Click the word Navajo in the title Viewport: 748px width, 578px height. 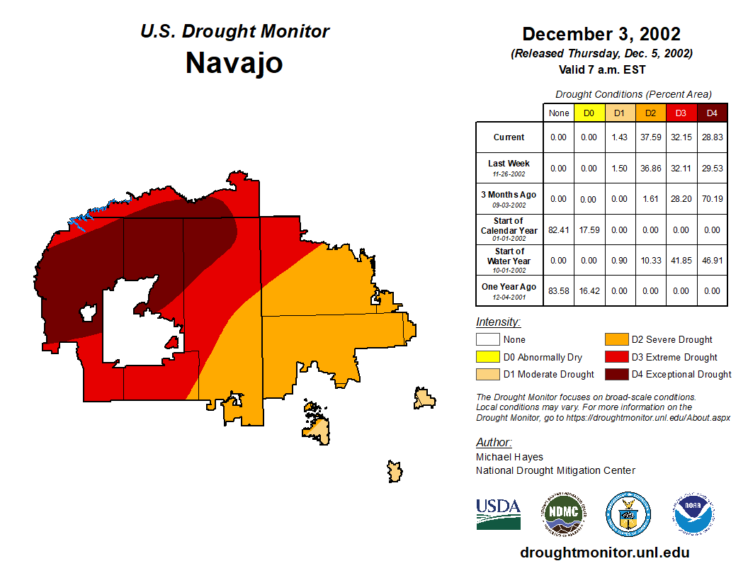(234, 63)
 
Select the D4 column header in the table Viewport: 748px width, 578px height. (712, 113)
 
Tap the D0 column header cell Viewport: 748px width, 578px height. (589, 113)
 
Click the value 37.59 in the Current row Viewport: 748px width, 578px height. (650, 137)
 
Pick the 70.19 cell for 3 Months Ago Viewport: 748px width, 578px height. (712, 199)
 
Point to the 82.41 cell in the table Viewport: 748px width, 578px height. (559, 229)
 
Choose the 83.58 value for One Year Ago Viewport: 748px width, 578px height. (559, 290)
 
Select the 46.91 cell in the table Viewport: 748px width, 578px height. (712, 260)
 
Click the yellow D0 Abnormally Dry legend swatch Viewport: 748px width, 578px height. (487, 357)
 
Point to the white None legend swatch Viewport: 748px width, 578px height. (487, 340)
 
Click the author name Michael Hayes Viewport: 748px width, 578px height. (509, 457)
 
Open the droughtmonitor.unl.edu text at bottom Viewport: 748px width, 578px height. (604, 552)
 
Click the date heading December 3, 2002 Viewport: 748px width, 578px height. (601, 34)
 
